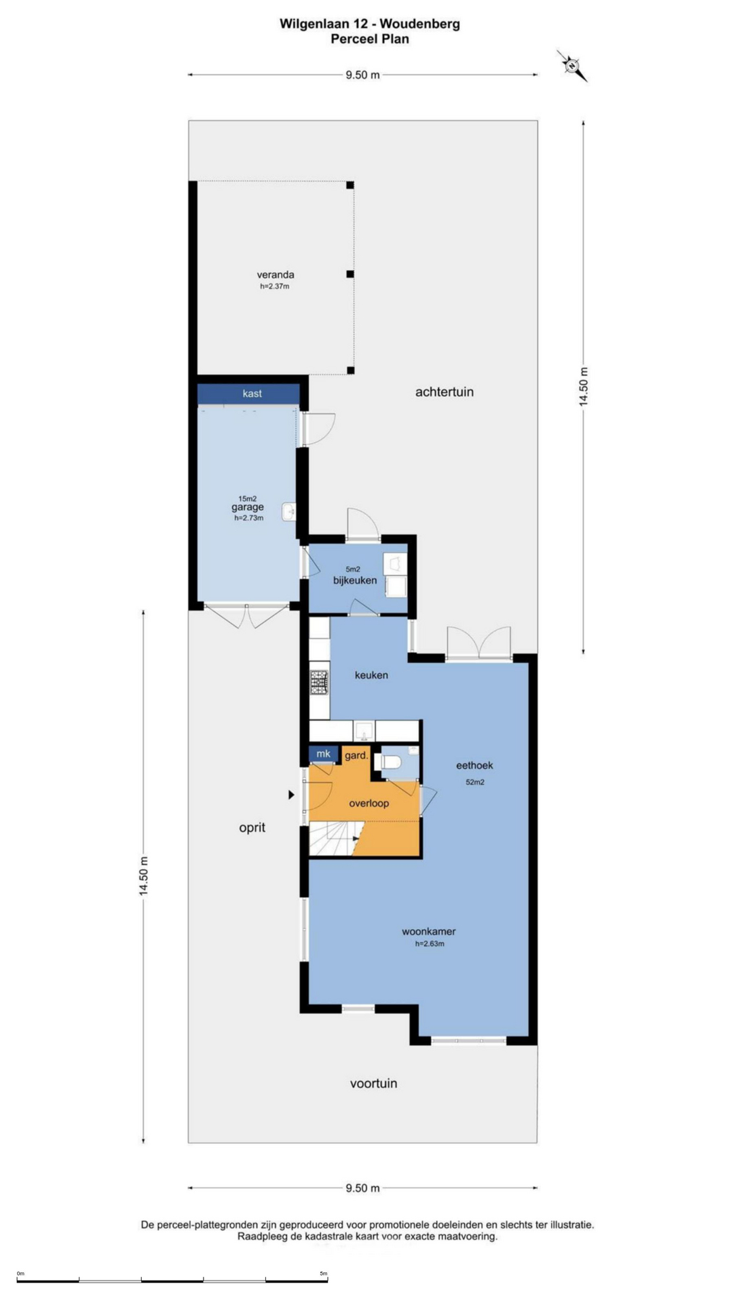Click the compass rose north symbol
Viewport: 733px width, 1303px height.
[572, 66]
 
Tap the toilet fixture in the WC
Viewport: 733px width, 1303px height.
[389, 762]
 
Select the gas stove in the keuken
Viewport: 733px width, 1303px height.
[319, 682]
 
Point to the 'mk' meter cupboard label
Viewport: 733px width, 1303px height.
[323, 753]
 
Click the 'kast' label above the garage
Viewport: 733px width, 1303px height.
[252, 394]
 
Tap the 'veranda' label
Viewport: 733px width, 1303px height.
[276, 275]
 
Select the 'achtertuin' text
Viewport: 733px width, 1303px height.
[445, 392]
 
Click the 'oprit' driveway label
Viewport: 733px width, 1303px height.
[252, 827]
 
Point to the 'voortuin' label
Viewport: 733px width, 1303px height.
[373, 1083]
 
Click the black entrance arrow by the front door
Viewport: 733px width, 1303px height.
[291, 795]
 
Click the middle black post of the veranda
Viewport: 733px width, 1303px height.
[350, 274]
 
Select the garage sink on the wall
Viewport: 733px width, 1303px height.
[289, 512]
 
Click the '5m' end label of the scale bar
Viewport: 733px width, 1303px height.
[324, 1274]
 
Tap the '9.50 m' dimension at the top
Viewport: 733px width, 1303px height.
[362, 75]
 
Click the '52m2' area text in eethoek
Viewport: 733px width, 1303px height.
[475, 782]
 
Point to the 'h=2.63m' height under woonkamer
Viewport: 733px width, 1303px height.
[430, 943]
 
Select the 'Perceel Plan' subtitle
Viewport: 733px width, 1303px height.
[370, 39]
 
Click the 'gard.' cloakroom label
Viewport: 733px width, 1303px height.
[356, 755]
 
